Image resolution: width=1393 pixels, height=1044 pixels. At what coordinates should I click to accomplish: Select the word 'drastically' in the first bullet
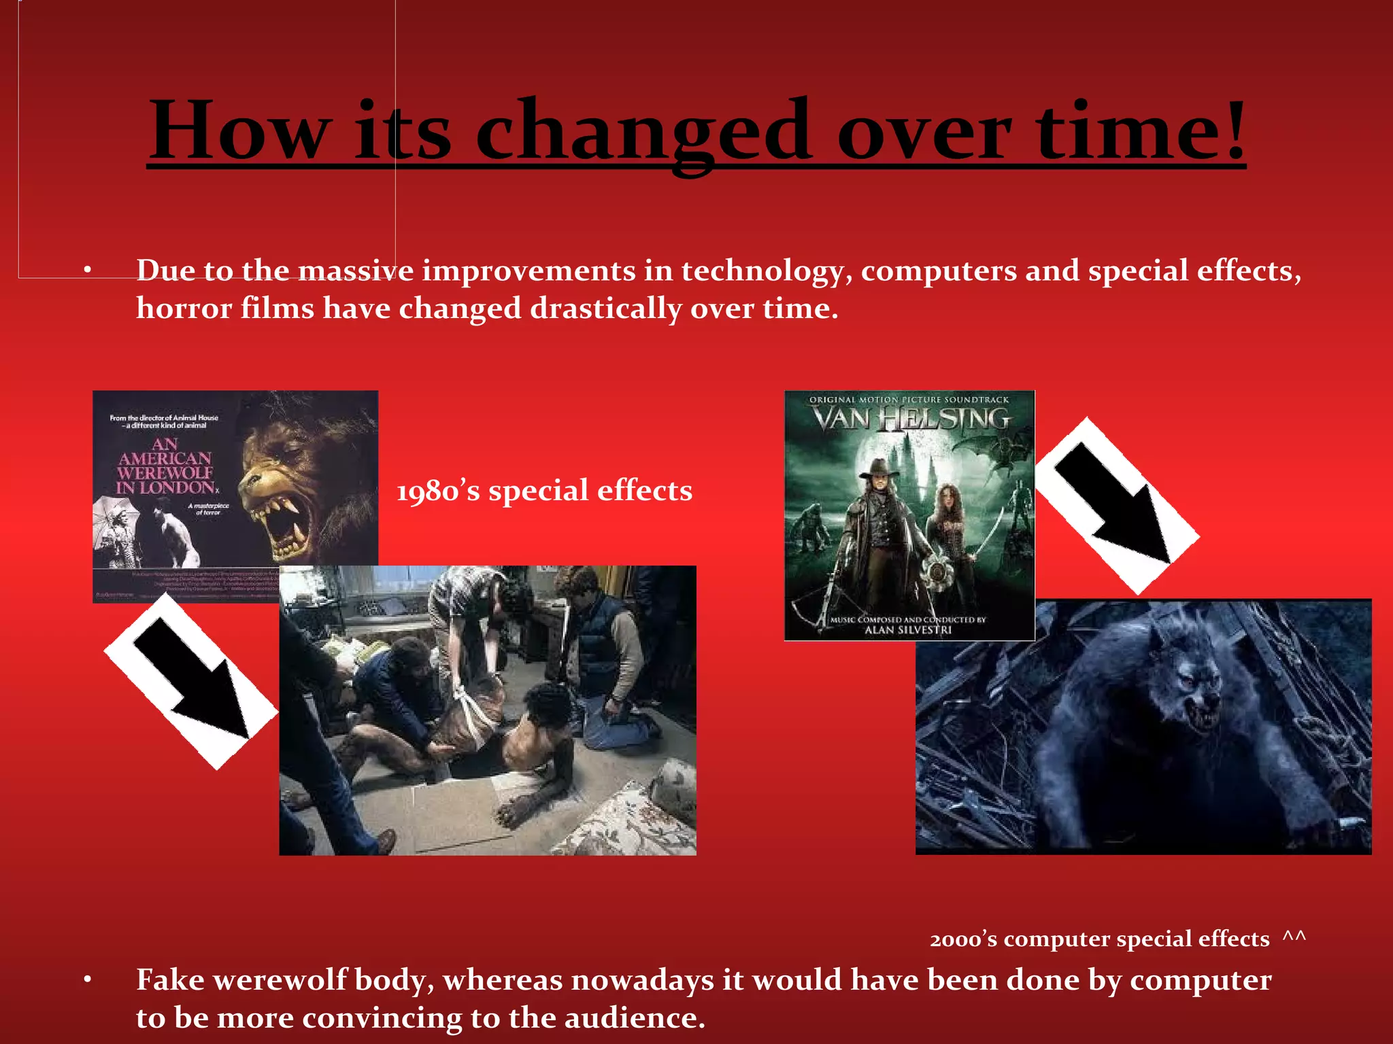click(x=605, y=309)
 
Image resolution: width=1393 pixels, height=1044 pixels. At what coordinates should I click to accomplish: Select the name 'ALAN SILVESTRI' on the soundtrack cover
click(x=907, y=630)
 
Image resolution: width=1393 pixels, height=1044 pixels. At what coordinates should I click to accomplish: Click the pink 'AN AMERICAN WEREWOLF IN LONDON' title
click(x=165, y=466)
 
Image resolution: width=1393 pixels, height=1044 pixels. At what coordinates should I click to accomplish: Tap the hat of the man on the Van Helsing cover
click(x=877, y=468)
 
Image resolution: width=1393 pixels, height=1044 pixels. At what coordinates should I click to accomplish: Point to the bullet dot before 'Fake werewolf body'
click(x=87, y=980)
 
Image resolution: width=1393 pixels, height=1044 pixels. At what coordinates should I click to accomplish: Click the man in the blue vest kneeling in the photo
click(x=599, y=632)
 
